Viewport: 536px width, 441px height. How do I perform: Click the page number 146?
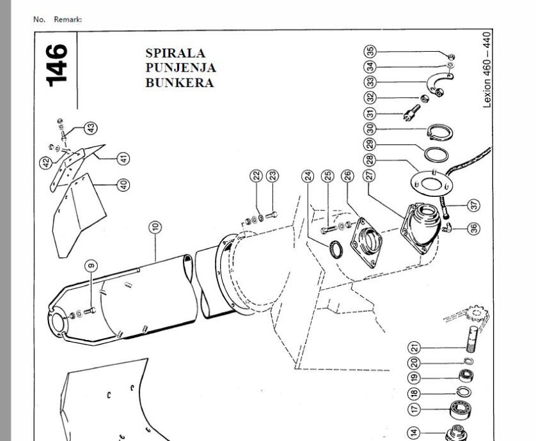[x=57, y=65]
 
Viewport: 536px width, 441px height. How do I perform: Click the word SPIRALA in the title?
[x=175, y=53]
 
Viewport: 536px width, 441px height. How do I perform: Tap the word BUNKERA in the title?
[x=180, y=82]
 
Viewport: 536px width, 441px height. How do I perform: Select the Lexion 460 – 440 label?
[x=487, y=70]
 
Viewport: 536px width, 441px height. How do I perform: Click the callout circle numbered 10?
[x=155, y=227]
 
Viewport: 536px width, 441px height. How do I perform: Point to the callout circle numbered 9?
[x=91, y=266]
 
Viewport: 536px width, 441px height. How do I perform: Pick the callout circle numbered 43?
[x=91, y=128]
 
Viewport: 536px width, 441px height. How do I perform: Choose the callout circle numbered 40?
[x=123, y=185]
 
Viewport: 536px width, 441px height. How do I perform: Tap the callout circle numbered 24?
[x=308, y=176]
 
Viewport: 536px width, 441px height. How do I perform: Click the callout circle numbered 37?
[x=473, y=205]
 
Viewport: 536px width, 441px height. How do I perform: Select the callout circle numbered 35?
[x=370, y=52]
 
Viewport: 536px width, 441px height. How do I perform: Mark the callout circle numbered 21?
[x=414, y=348]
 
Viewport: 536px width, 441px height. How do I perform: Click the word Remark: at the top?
[x=68, y=19]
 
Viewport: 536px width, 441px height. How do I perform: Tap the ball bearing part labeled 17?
[x=460, y=410]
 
